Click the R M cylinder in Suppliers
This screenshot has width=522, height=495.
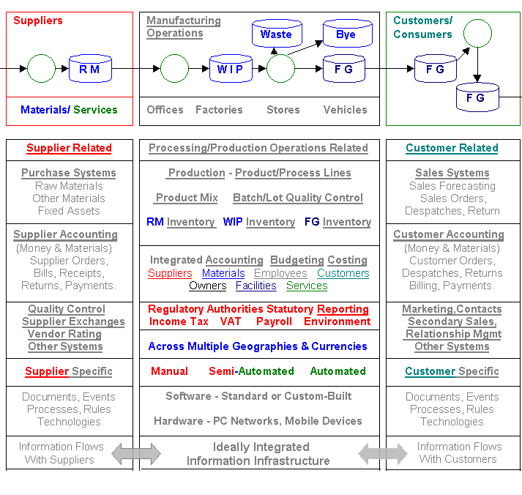point(90,69)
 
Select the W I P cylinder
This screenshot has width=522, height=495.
point(231,69)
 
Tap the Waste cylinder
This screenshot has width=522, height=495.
point(276,34)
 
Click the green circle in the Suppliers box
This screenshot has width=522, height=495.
point(42,69)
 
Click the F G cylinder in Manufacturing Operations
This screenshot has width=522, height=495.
point(344,69)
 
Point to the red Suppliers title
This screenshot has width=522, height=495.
point(38,21)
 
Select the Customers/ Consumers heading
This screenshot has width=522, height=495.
point(423,27)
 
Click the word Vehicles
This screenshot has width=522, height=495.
point(346,110)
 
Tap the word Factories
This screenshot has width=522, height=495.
point(219,110)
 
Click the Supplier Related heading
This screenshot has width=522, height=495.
point(69,148)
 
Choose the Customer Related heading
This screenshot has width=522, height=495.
point(452,148)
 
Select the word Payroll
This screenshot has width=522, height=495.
point(274,321)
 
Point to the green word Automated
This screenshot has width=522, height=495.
point(338,371)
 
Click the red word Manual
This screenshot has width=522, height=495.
point(169,371)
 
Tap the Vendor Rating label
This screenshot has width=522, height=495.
point(64,334)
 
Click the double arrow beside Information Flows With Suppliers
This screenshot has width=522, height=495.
point(136,454)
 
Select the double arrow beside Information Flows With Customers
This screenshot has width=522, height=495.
point(383,454)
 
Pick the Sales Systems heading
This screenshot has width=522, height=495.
point(452,173)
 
